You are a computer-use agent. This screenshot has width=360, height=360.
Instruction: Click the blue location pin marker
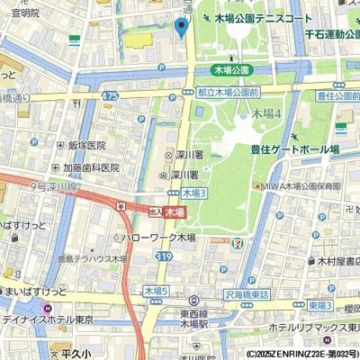(181, 28)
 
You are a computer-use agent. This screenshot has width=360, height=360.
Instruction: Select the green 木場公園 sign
(231, 70)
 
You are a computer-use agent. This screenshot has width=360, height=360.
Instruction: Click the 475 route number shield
(111, 95)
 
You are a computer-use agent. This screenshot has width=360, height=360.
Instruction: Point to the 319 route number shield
(164, 256)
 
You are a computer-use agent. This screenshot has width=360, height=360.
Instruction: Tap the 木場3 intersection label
(193, 193)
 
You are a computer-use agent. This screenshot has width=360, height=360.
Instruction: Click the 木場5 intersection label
(156, 292)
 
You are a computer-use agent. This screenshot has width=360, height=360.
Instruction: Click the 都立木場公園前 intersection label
(228, 93)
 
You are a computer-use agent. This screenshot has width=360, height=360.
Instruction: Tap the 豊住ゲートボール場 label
(293, 149)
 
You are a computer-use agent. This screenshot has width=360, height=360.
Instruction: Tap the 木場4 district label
(266, 114)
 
